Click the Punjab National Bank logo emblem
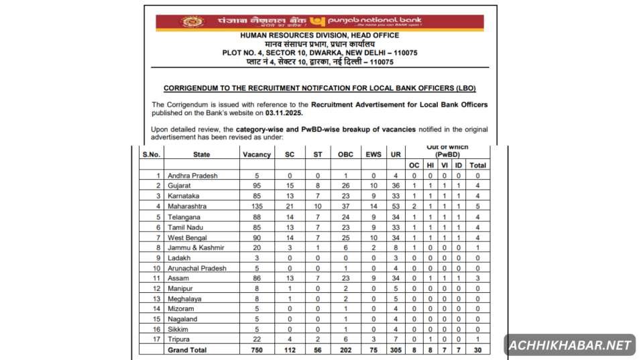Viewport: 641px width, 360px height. coord(192,22)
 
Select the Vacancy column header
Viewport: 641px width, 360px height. coord(256,155)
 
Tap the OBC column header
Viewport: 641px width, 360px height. coord(345,155)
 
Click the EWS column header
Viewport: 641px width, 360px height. coord(373,155)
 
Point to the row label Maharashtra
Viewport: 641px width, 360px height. coord(190,206)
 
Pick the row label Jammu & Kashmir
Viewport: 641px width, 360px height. coord(196,247)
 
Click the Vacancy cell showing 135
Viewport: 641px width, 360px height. coord(256,206)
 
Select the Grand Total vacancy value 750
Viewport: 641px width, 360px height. coord(256,350)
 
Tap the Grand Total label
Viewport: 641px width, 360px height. coord(188,350)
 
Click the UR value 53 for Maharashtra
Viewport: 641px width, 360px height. coord(396,206)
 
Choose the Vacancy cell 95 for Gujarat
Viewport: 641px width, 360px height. coord(256,186)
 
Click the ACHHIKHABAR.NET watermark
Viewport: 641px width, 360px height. coord(569,345)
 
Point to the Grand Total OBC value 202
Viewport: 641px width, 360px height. coord(345,350)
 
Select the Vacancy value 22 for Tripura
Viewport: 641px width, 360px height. coord(256,340)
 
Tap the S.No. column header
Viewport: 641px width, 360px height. coord(151,155)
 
